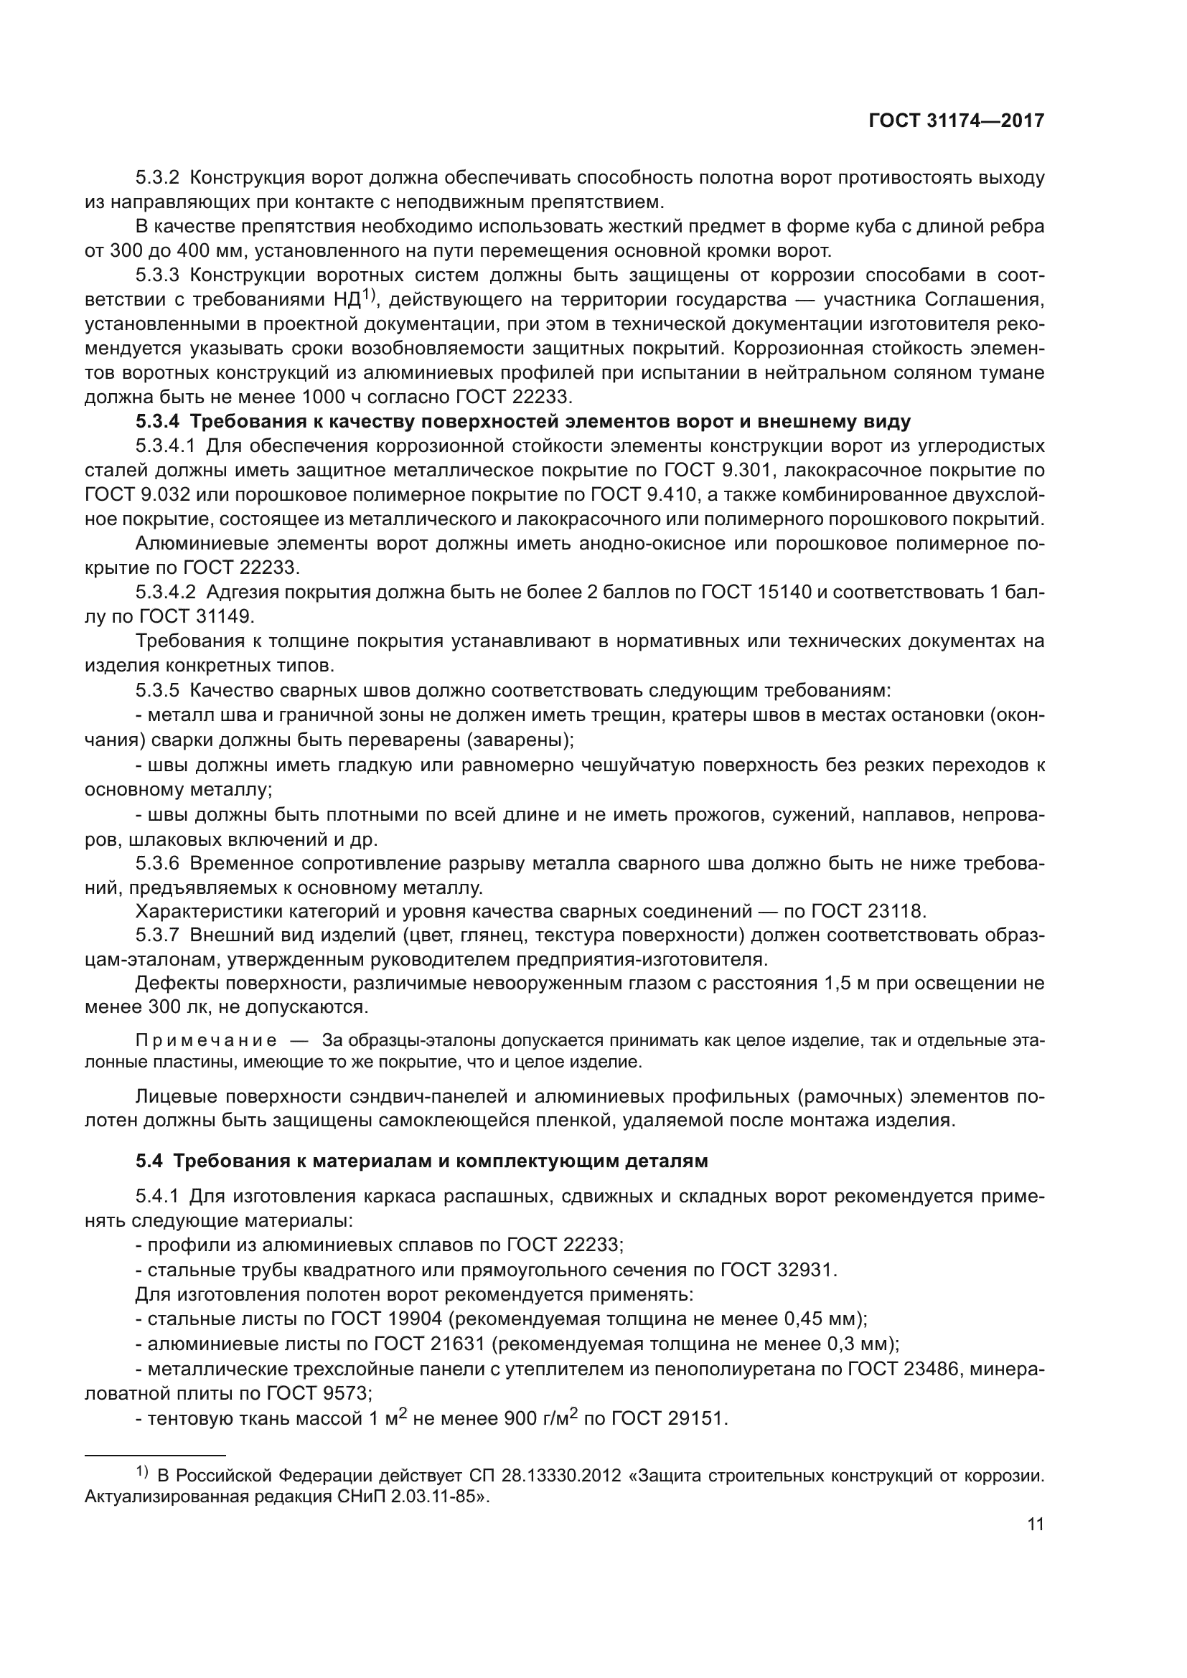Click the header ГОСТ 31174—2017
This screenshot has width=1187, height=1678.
956,121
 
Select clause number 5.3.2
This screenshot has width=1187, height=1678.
157,178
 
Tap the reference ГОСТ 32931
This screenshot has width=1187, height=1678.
777,1271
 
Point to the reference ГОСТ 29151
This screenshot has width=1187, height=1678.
667,1419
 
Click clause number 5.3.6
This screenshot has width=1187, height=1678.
157,863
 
